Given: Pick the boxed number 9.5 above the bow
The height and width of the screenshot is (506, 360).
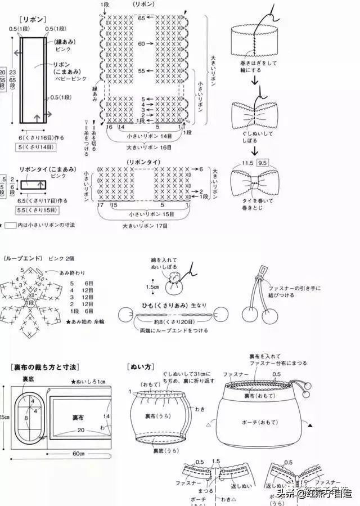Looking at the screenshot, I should pyautogui.click(x=262, y=163).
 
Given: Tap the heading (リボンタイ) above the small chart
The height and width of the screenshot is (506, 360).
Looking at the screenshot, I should pyautogui.click(x=143, y=162).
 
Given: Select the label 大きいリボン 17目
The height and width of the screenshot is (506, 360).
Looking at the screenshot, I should pyautogui.click(x=145, y=225).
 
